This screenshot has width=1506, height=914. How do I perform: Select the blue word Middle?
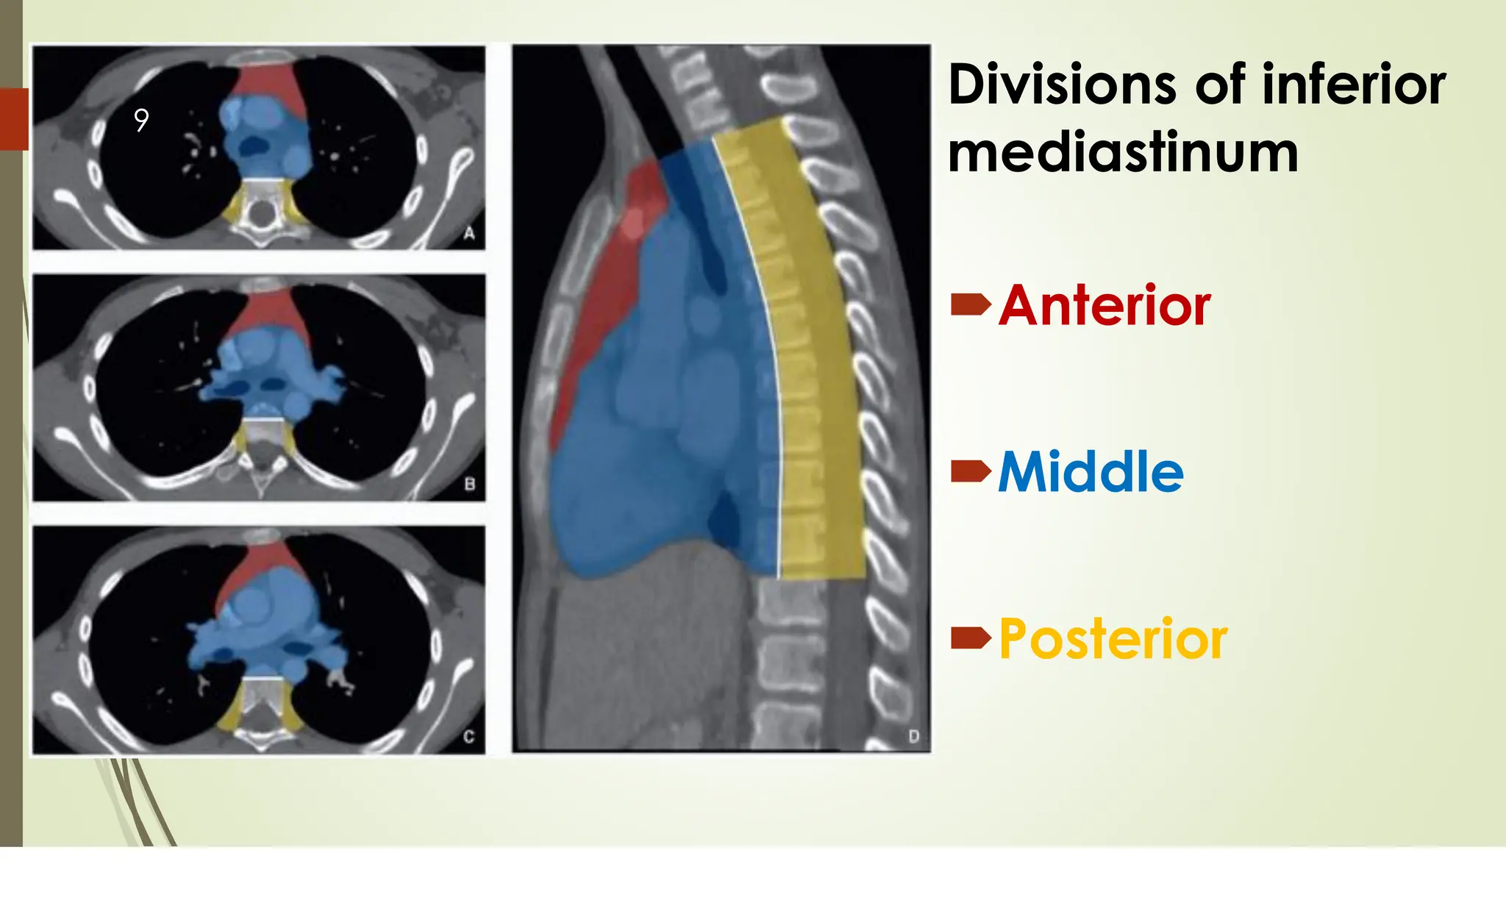tap(1091, 472)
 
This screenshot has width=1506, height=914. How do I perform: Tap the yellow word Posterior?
tap(1113, 639)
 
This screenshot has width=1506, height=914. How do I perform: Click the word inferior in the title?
tap(1354, 85)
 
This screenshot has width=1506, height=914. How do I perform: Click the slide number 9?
tap(141, 120)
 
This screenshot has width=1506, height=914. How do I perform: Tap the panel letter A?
tap(469, 234)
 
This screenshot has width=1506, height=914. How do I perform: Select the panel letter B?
tap(470, 485)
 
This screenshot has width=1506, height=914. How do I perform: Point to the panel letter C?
tap(469, 736)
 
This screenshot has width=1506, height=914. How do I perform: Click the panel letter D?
tap(913, 736)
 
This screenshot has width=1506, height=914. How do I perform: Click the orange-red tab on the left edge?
tap(14, 119)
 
